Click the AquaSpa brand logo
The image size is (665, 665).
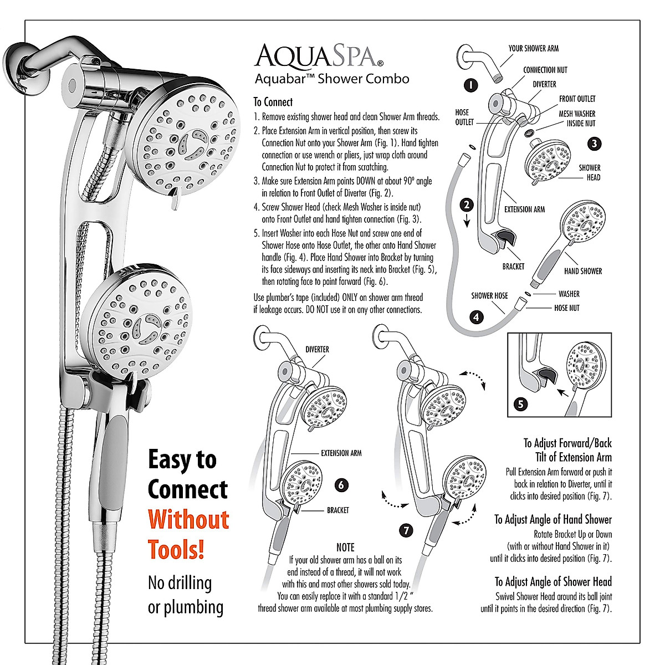[318, 56]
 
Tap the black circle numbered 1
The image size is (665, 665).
[470, 85]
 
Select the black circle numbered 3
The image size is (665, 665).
[594, 144]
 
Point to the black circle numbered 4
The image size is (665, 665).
[476, 318]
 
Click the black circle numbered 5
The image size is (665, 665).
[520, 404]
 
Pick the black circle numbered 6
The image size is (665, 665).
[342, 485]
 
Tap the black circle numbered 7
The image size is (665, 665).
[406, 530]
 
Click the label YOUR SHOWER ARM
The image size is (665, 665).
[533, 49]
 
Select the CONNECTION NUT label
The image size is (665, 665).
[545, 70]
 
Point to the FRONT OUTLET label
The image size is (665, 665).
[577, 99]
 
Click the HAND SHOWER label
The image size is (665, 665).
[582, 271]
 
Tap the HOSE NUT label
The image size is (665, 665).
[566, 308]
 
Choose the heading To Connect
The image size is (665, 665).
[273, 102]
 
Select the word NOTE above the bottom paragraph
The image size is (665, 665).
[345, 548]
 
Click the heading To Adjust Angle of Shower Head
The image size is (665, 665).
[553, 582]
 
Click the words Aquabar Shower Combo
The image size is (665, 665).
[331, 79]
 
